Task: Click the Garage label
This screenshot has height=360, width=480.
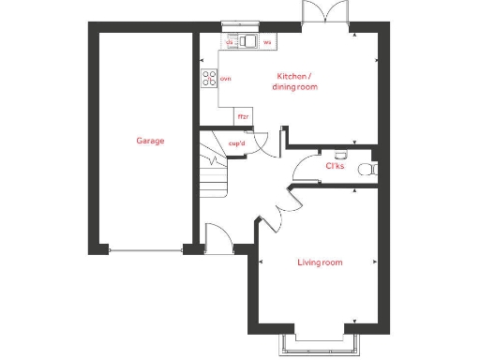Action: point(150,141)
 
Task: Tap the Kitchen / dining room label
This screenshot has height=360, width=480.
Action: point(295,81)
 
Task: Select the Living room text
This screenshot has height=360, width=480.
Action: point(320,262)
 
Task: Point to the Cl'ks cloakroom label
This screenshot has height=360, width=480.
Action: point(333,166)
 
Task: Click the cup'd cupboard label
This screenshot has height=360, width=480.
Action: point(237,143)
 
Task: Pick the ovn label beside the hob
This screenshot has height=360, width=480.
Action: point(225,79)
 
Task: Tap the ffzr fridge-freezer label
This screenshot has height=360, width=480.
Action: point(243,116)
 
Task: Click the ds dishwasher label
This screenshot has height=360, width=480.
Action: point(229,42)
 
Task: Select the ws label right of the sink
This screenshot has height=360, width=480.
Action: point(267,42)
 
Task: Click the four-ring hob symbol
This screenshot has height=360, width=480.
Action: point(208,79)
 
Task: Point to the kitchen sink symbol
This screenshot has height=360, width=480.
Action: point(247,41)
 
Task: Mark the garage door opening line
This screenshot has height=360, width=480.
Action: point(145,249)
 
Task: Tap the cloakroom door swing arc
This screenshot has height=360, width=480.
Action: point(306,168)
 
